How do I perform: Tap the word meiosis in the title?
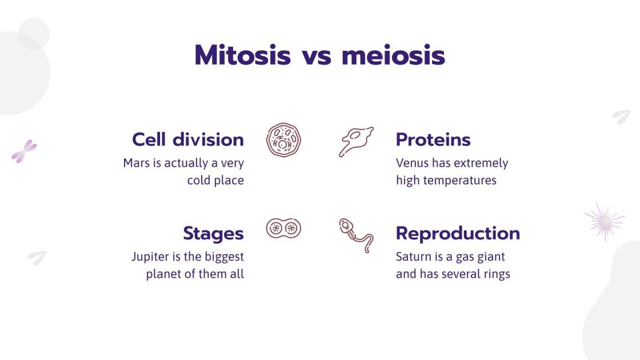click(393, 56)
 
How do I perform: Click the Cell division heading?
click(187, 139)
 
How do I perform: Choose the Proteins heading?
click(433, 139)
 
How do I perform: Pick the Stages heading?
click(213, 233)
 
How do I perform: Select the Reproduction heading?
click(458, 233)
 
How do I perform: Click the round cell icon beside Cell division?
click(283, 140)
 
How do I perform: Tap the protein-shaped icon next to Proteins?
click(356, 141)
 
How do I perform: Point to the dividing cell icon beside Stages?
click(283, 229)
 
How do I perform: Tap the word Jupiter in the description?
click(150, 257)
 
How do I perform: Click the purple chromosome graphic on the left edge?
click(24, 151)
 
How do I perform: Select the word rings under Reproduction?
click(495, 274)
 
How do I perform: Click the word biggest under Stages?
click(223, 257)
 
